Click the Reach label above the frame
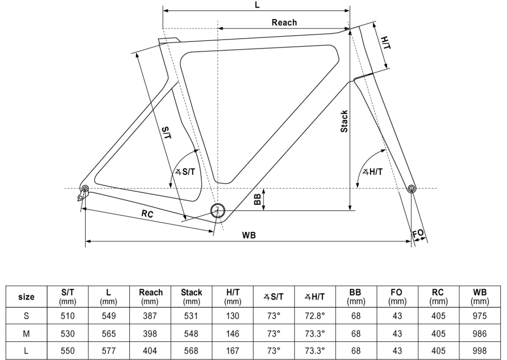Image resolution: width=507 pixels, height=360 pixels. click(x=284, y=23)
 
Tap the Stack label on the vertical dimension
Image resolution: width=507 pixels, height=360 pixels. click(x=344, y=121)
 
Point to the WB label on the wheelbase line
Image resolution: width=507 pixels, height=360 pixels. click(x=249, y=235)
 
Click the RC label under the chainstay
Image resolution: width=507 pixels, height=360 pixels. click(x=147, y=214)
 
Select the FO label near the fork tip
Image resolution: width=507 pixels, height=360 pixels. click(x=418, y=234)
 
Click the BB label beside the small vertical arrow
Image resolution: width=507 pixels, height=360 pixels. click(x=258, y=199)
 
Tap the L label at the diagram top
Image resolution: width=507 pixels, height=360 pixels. click(x=257, y=5)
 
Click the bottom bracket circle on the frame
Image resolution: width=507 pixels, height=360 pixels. click(x=218, y=210)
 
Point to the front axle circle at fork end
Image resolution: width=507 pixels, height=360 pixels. click(x=411, y=189)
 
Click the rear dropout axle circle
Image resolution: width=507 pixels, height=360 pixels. click(x=85, y=189)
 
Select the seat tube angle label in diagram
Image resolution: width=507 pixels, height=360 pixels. click(x=185, y=172)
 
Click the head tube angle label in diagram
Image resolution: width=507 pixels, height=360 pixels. click(x=373, y=172)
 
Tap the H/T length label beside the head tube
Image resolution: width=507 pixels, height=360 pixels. click(x=386, y=43)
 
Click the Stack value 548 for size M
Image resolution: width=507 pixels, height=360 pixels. click(x=191, y=334)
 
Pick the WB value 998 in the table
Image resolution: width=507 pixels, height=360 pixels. click(x=479, y=350)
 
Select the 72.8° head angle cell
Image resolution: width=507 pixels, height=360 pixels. click(x=315, y=316)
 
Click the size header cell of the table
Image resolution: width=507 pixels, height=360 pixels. click(x=26, y=297)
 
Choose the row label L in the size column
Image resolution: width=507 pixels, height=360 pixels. click(x=26, y=350)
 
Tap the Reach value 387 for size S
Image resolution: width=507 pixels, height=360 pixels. click(x=150, y=316)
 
